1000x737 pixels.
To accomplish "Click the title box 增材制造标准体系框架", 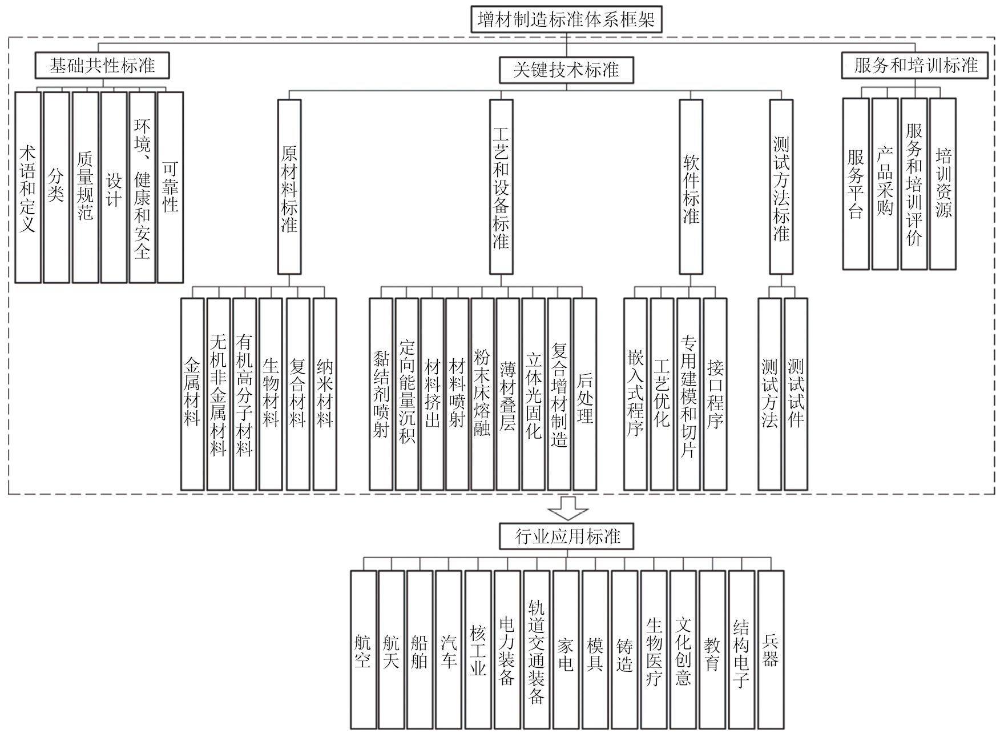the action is tap(566, 20).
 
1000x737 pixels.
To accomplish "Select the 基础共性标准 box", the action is tap(102, 66).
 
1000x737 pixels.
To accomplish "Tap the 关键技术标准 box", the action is tap(566, 70).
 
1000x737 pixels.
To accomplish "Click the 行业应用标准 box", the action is tap(567, 536).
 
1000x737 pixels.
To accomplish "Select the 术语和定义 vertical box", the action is tap(28, 187).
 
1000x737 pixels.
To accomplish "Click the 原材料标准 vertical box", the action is tap(289, 187).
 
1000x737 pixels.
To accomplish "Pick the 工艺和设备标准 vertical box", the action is tap(501, 187).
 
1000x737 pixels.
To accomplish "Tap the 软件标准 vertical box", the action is tap(691, 187).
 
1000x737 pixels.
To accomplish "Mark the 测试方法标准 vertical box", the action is tap(781, 187).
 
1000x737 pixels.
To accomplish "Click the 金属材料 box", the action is tap(192, 394).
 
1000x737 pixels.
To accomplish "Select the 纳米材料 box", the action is tap(325, 394).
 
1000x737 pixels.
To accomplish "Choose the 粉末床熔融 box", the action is tap(482, 394).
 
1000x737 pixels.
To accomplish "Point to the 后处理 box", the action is tap(585, 394).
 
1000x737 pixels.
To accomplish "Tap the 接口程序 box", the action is tap(715, 394).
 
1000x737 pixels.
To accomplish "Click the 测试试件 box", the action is tap(796, 394).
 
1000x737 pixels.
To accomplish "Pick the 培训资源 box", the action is tap(943, 184).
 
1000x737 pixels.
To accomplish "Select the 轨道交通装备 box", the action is tap(537, 650).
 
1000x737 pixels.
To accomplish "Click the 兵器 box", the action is tap(771, 650).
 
